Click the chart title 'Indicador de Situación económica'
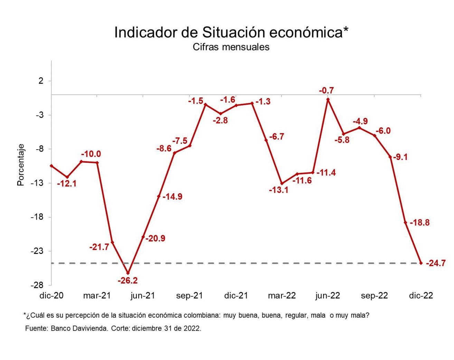tap(231, 32)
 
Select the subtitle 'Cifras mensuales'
tap(231, 47)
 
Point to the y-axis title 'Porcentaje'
tap(21, 165)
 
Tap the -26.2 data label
tap(127, 281)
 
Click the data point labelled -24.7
tap(421, 263)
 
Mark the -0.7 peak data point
tap(328, 100)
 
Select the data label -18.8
tap(419, 223)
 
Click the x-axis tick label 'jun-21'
tap(143, 296)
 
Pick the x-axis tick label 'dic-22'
tap(421, 296)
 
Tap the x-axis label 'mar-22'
tap(282, 296)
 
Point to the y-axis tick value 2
tap(41, 81)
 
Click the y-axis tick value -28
tap(37, 285)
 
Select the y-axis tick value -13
tap(37, 183)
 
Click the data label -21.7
tap(99, 247)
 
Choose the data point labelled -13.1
tap(282, 183)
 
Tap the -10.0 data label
tap(91, 154)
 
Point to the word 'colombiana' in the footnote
tap(201, 315)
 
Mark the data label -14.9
tap(172, 197)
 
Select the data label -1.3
tap(263, 102)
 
